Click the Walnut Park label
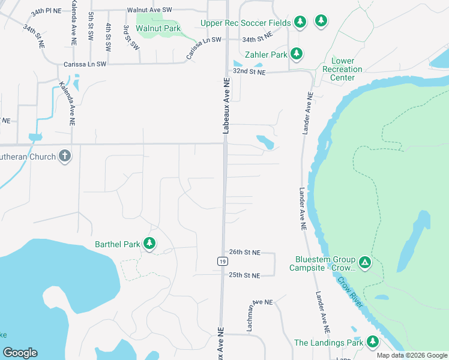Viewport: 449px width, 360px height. [x=158, y=28]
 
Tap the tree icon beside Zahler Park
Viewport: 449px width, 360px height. [x=296, y=55]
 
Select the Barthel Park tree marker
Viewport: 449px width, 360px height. [x=149, y=244]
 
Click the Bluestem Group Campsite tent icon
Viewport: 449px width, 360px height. [x=364, y=262]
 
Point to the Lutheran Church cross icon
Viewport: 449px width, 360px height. [x=65, y=157]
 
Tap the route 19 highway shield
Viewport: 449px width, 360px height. [x=222, y=261]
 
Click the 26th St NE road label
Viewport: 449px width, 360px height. [x=244, y=253]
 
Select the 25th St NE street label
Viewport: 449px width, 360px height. [x=244, y=275]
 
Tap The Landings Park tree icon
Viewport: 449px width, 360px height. [x=373, y=342]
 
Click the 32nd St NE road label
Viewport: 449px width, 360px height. [x=249, y=71]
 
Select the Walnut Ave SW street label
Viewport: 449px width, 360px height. [x=149, y=10]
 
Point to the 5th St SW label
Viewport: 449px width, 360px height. [x=91, y=26]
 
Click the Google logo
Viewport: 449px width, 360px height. [x=20, y=353]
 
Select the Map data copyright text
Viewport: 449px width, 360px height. [x=411, y=355]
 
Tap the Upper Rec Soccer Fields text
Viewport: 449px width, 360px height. [x=246, y=23]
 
